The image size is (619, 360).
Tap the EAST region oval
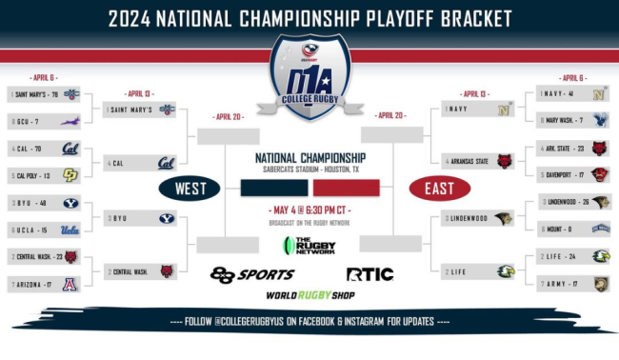(x=439, y=188)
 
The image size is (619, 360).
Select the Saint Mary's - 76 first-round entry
(x=44, y=94)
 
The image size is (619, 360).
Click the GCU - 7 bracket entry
(x=44, y=121)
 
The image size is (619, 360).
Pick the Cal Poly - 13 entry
(x=44, y=176)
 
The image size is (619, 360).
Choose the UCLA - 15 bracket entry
(x=44, y=230)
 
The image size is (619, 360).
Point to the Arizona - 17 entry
(x=44, y=284)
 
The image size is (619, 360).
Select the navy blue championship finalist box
(x=273, y=187)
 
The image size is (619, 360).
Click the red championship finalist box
(x=346, y=187)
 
